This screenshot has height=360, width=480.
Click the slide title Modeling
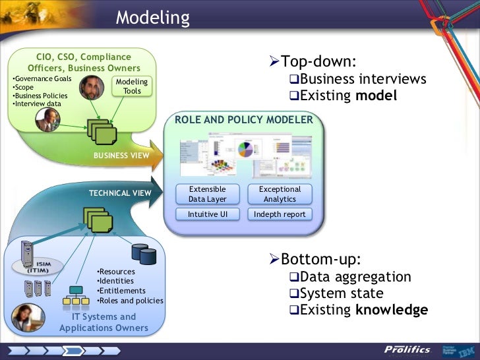(152, 17)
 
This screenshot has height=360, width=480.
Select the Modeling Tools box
(132, 86)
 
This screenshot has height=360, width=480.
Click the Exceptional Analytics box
(280, 194)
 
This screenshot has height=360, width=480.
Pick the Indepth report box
(280, 214)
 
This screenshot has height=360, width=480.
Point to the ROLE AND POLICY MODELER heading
(243, 120)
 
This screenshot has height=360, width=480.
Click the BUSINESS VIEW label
(121, 155)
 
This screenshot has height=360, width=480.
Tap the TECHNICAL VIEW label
(120, 193)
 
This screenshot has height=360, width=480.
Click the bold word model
(376, 96)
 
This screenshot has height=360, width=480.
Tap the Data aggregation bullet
(355, 277)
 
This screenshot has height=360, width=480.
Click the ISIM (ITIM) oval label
(37, 266)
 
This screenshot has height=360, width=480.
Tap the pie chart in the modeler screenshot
(245, 148)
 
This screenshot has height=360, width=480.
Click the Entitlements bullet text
(121, 291)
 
